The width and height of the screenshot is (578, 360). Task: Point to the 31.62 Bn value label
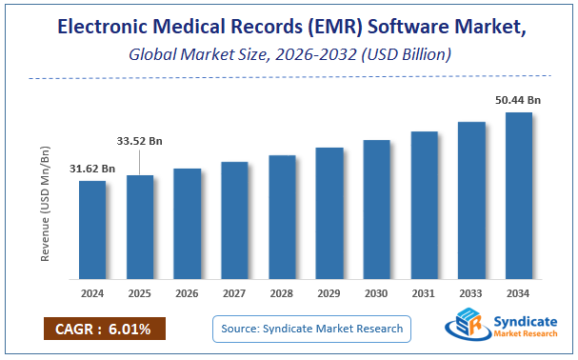(92, 169)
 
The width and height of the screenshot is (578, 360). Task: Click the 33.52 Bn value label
(140, 141)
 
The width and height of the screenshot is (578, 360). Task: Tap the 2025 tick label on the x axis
(140, 293)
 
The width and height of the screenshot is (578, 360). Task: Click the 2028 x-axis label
(282, 293)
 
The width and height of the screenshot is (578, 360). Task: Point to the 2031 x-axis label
(424, 293)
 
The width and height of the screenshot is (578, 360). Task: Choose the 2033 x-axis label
(471, 293)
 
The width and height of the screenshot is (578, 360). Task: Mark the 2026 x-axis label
(188, 293)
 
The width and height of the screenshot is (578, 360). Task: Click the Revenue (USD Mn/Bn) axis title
(45, 204)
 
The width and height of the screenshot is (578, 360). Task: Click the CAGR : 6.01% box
(104, 330)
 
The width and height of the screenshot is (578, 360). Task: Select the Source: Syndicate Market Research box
(310, 330)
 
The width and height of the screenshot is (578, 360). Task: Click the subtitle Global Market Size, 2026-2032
(289, 56)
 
